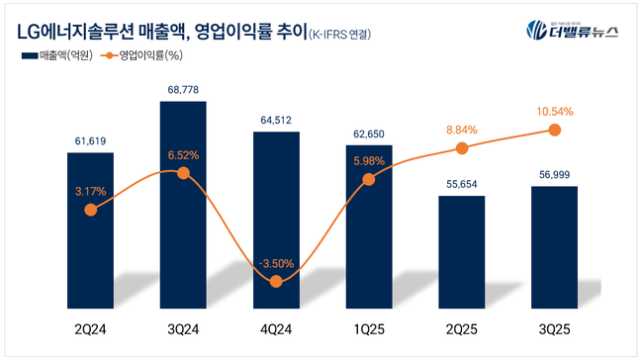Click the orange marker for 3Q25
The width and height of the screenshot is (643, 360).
point(555,130)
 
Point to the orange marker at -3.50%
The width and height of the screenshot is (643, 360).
point(276,282)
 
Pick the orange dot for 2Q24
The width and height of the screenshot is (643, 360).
point(91,210)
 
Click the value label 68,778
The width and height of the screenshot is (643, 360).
point(183,90)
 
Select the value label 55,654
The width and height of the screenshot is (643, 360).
point(462,184)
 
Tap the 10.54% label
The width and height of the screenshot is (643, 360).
point(555,111)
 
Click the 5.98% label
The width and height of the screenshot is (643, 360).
point(369,161)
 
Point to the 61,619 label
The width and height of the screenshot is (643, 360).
point(91,141)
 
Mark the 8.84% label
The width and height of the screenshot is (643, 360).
point(462,129)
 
